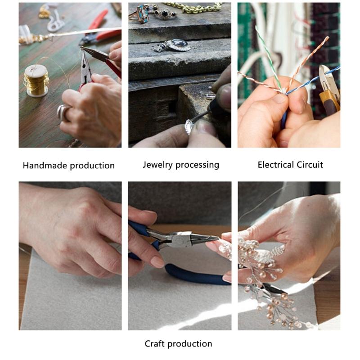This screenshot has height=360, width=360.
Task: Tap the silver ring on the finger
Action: coord(63,112)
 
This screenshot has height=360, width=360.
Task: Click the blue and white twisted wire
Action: coord(315,81)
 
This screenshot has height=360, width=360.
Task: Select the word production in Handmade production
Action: coord(92,166)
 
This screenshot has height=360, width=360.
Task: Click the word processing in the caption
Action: coord(198,165)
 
